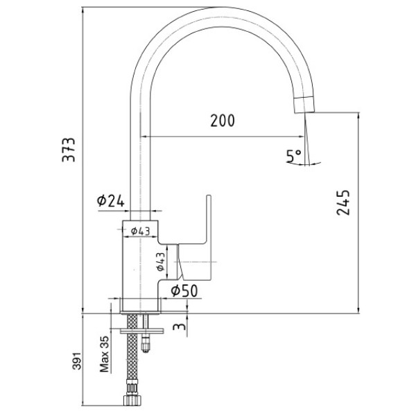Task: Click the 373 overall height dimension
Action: (x=69, y=149)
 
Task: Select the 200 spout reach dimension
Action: (x=223, y=121)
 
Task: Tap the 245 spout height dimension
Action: (x=343, y=202)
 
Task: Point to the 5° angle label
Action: (x=294, y=156)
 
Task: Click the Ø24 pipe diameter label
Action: (x=111, y=200)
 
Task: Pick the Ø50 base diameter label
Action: (x=184, y=291)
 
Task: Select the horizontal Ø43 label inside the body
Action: (x=141, y=231)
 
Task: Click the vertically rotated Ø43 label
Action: (x=161, y=261)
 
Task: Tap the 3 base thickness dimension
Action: (x=180, y=326)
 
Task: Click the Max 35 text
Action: (x=104, y=354)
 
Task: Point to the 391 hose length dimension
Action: (x=77, y=361)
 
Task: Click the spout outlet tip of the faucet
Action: (x=304, y=112)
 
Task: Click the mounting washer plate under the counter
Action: (x=141, y=331)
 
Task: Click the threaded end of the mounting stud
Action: (x=146, y=344)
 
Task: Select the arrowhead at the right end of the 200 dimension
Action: (x=301, y=137)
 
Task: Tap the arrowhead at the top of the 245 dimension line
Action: (x=358, y=116)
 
